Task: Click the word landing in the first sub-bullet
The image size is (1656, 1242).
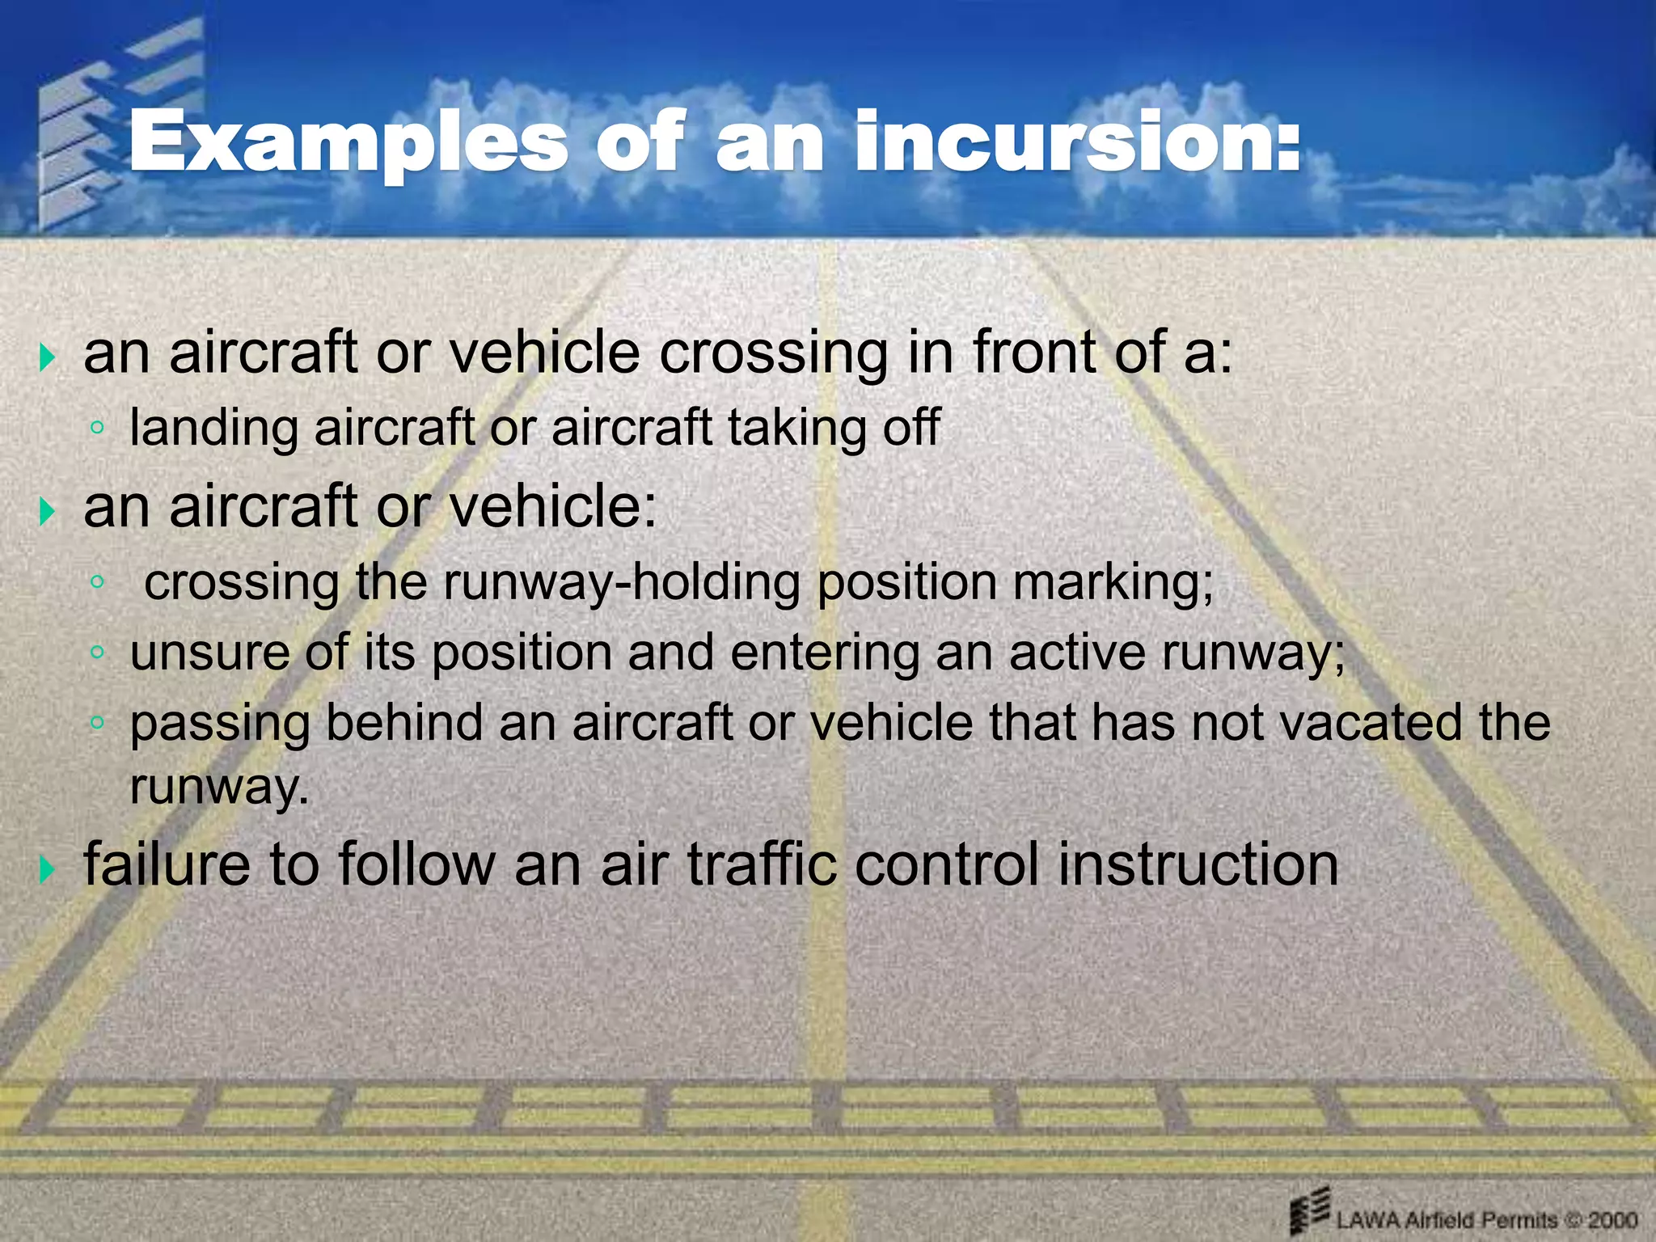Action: (x=213, y=429)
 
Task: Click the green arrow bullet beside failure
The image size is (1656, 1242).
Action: (x=48, y=870)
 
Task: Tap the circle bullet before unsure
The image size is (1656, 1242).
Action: (x=97, y=652)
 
